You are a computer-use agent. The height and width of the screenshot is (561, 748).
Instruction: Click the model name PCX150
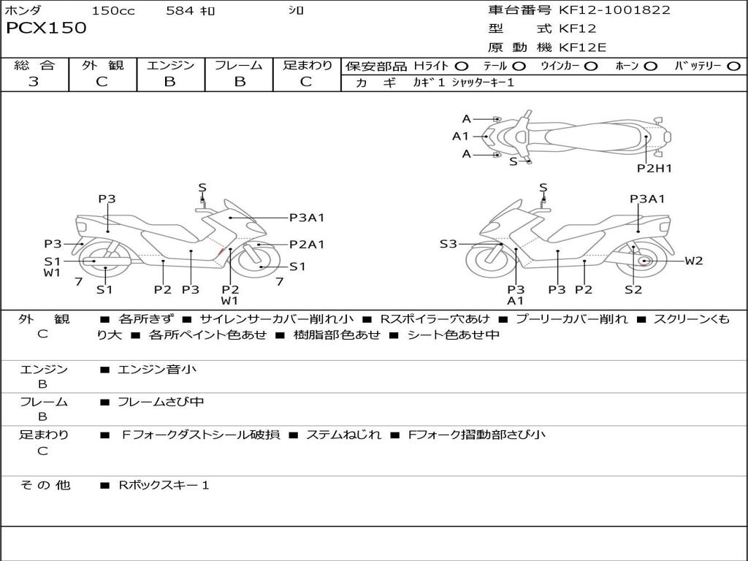(x=46, y=28)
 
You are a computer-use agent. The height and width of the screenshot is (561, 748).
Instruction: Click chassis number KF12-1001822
(x=614, y=10)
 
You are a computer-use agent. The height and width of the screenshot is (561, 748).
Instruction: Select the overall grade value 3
(x=34, y=82)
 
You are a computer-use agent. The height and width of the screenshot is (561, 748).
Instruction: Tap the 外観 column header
(x=102, y=66)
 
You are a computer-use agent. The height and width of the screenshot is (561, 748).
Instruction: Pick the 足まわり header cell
(x=308, y=66)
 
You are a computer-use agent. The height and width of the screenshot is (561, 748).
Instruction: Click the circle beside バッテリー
(x=733, y=66)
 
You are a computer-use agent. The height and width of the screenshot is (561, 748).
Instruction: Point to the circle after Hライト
(x=462, y=66)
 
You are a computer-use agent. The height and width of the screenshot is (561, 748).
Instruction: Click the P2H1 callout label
(x=654, y=168)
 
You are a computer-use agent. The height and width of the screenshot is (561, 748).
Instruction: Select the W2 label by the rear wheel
(x=693, y=261)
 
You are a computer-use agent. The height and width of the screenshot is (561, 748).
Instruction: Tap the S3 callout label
(x=448, y=244)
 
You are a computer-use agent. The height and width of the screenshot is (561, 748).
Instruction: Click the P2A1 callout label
(x=307, y=245)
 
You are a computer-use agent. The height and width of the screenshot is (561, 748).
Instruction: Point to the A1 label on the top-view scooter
(x=460, y=136)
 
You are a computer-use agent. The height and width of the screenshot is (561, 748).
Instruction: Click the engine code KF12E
(x=583, y=47)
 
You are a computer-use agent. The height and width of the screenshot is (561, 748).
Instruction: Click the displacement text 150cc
(x=113, y=11)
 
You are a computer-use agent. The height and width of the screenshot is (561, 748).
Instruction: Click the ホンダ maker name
(x=23, y=11)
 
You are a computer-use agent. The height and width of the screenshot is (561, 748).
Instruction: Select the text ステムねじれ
(x=343, y=435)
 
